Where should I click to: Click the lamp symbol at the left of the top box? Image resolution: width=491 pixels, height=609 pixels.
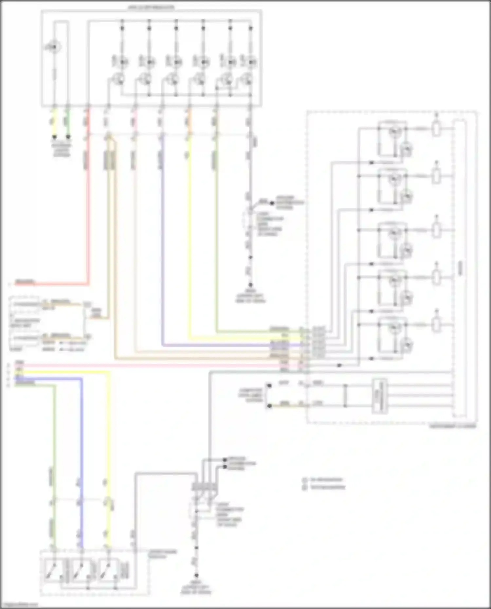tap(54, 47)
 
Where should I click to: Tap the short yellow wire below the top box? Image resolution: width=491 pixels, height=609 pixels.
tap(55, 123)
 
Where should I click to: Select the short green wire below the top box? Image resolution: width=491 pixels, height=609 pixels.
tap(68, 123)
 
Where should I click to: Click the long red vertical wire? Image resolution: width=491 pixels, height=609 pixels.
tap(87, 209)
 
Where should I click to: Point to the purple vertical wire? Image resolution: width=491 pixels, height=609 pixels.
tap(162, 249)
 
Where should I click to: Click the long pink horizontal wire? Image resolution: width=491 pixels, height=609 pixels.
tap(157, 365)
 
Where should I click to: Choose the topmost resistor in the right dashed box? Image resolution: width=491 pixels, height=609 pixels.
tap(436, 129)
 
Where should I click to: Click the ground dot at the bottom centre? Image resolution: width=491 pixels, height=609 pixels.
tap(196, 575)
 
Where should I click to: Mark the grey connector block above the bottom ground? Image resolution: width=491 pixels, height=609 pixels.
tap(205, 487)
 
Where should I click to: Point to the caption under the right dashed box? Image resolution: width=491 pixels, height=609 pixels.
tap(452, 426)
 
